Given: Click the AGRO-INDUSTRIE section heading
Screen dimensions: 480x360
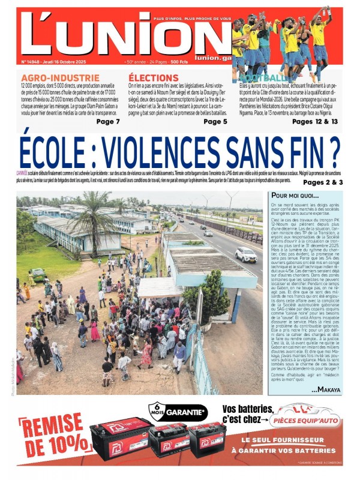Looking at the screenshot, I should click(52, 78).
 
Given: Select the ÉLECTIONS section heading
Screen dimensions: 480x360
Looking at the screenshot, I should click(154, 78).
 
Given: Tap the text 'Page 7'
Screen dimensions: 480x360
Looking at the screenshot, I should click(108, 122).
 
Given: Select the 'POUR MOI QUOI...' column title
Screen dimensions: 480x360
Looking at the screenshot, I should click(295, 196).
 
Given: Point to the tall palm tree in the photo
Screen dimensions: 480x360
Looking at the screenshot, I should click(95, 216).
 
